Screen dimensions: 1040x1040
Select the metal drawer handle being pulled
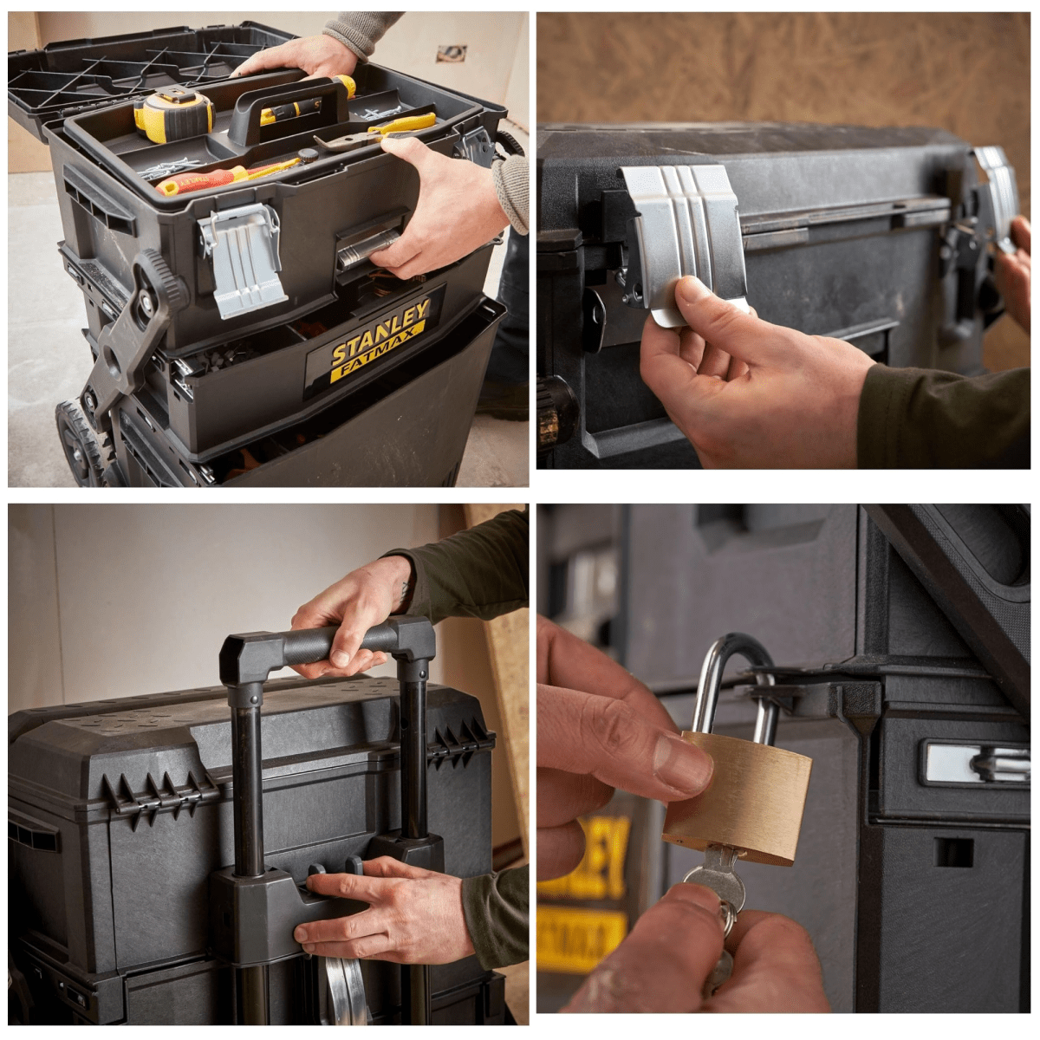click(364, 248)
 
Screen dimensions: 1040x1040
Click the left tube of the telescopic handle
click(247, 780)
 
